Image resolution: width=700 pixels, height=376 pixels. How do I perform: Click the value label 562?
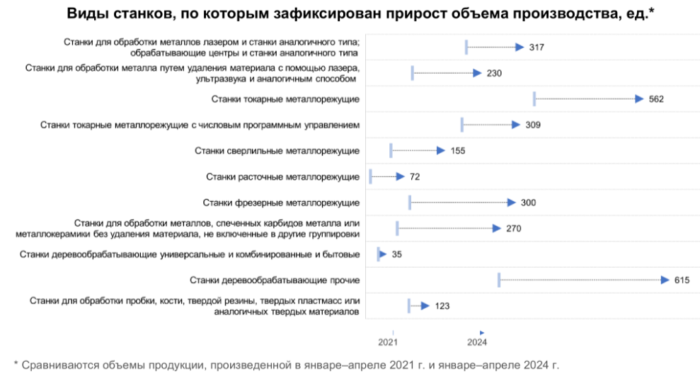click(656, 99)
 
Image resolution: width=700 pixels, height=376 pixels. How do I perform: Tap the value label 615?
click(682, 280)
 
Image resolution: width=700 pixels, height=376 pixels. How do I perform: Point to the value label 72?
click(415, 176)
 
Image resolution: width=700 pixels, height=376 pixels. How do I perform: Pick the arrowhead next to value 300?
click(512, 203)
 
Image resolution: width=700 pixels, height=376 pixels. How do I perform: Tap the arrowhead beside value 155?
click(441, 151)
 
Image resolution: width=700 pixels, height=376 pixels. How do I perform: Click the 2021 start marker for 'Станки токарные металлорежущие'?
click(534, 99)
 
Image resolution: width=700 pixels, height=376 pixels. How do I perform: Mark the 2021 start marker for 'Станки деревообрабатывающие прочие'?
click(499, 280)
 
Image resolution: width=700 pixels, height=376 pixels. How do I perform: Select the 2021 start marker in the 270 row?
click(397, 229)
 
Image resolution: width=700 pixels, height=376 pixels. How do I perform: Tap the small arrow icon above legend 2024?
click(481, 332)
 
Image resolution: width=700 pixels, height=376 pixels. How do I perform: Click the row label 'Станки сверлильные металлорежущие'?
click(277, 151)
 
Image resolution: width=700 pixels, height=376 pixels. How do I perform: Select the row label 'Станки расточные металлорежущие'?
click(282, 176)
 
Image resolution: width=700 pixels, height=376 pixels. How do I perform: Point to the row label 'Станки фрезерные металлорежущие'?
click(281, 203)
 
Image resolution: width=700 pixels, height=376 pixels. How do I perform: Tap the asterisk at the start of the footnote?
click(16, 365)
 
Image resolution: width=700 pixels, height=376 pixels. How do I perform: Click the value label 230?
click(494, 74)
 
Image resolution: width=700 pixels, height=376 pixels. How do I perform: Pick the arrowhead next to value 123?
click(425, 306)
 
